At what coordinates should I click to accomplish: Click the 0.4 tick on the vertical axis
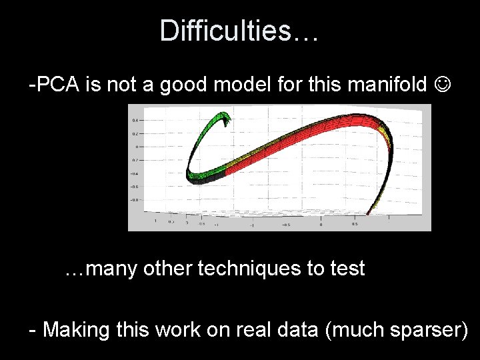(135, 121)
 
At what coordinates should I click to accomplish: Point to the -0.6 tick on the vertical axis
(134, 187)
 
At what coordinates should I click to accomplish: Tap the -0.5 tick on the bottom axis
(285, 225)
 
